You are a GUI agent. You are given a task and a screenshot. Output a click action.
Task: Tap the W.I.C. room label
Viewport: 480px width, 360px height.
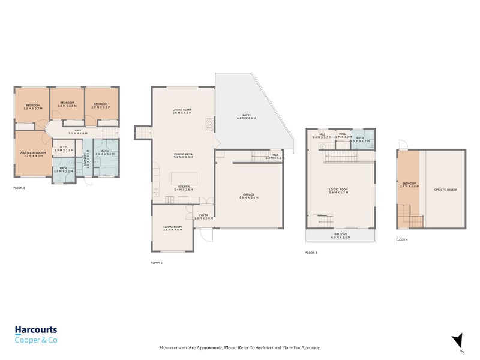click(x=63, y=148)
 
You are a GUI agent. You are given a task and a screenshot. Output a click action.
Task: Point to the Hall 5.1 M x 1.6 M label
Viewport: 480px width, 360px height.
click(x=78, y=131)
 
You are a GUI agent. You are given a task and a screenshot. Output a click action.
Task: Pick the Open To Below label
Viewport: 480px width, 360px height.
click(x=445, y=190)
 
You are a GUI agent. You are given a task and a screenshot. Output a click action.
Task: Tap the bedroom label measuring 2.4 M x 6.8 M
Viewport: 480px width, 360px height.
click(x=410, y=185)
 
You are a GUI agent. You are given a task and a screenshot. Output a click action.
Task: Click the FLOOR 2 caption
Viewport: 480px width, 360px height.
click(x=156, y=263)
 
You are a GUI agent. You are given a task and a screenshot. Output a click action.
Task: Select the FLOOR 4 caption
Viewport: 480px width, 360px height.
click(x=401, y=239)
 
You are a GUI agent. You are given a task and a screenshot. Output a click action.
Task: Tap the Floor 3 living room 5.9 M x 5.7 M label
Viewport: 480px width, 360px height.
click(x=339, y=192)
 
